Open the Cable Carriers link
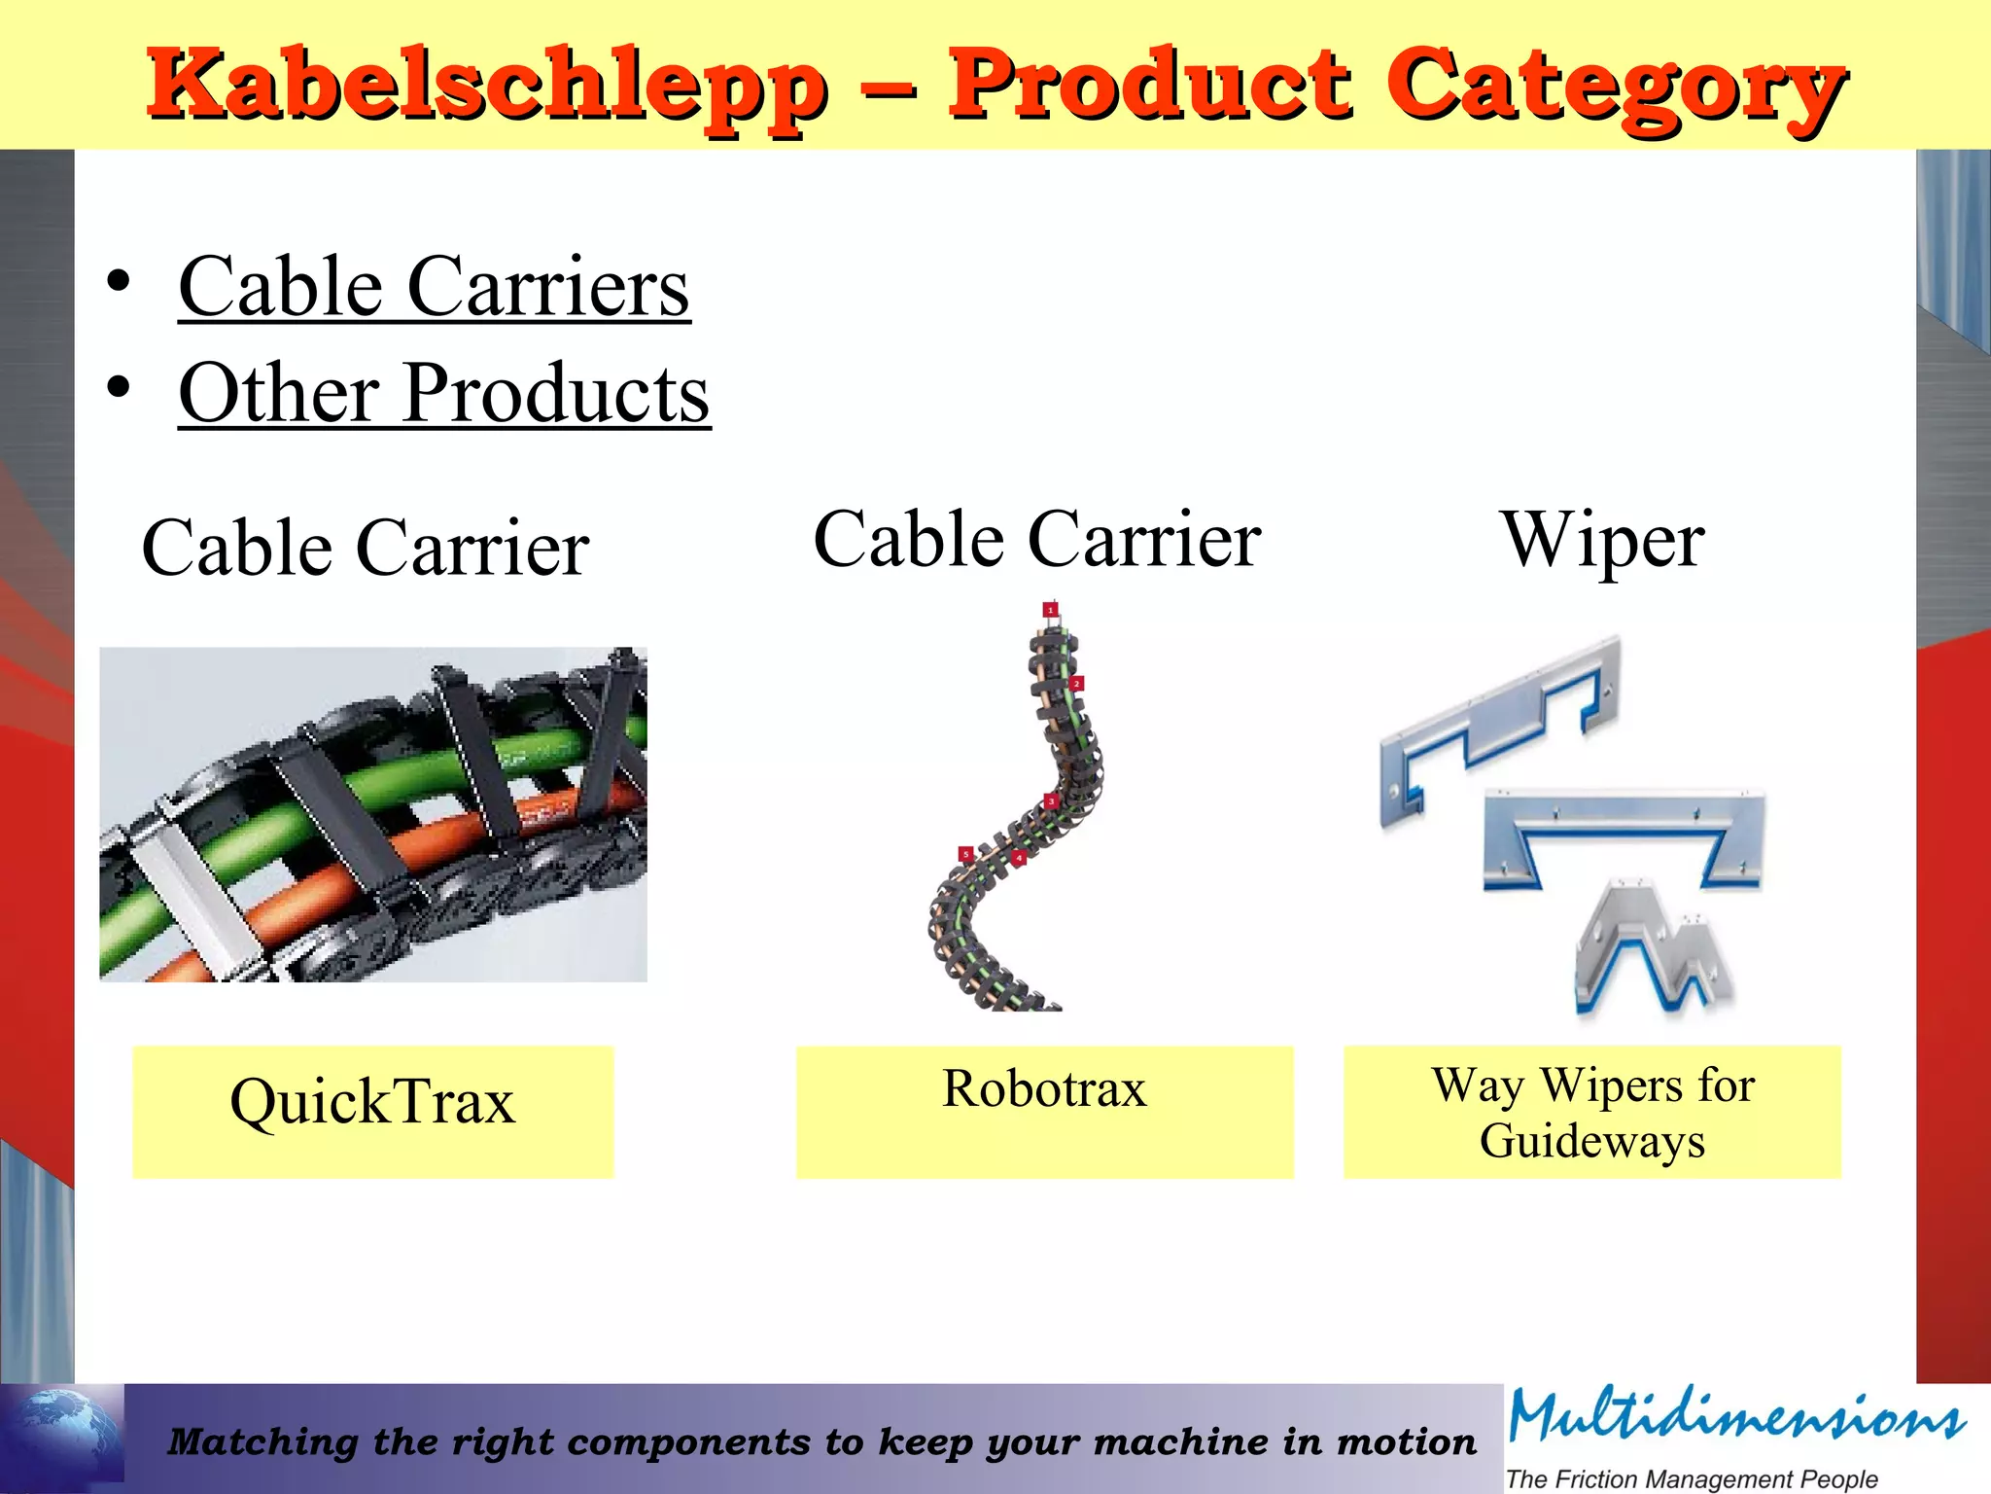(434, 287)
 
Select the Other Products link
(444, 393)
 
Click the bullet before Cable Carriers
(119, 282)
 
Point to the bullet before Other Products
(119, 388)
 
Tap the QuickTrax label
(372, 1102)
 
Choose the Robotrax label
(1044, 1088)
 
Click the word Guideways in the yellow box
(1592, 1141)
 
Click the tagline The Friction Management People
(1692, 1479)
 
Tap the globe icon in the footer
(62, 1435)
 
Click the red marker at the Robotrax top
(1050, 610)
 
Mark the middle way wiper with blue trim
(1622, 836)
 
